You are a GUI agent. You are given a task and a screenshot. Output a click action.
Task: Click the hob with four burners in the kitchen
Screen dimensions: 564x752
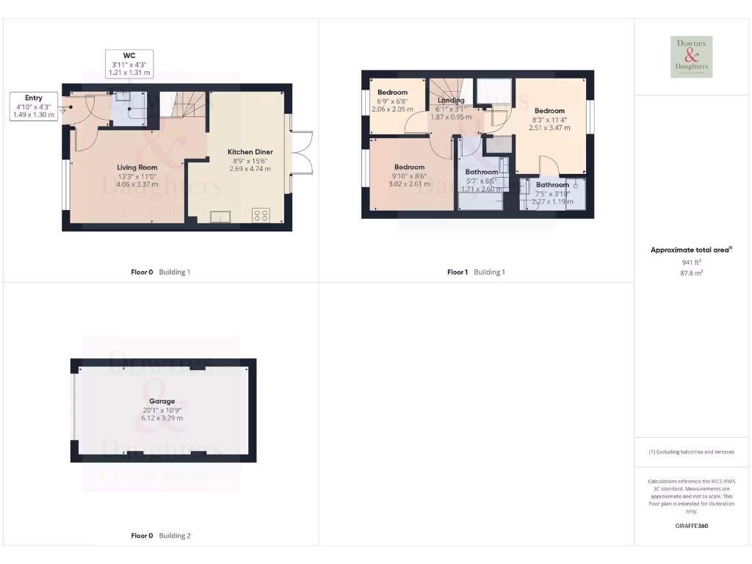[x=261, y=216]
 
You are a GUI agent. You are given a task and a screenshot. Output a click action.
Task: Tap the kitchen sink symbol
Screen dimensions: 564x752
[x=220, y=216]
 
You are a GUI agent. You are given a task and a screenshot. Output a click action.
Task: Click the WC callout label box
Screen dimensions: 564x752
[x=129, y=64]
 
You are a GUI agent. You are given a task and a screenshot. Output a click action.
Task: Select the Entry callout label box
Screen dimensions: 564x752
[x=34, y=106]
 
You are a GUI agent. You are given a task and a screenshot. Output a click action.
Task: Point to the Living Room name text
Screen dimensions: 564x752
[x=137, y=167]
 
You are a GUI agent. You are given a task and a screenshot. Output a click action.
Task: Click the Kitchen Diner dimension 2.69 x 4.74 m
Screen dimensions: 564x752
[x=250, y=169]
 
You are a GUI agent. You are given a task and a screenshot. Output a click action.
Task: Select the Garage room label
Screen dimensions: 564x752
[x=163, y=402]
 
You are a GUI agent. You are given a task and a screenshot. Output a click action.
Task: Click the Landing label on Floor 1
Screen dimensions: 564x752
[x=451, y=101]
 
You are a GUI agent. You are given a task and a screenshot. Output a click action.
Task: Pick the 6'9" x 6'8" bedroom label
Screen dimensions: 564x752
[x=392, y=93]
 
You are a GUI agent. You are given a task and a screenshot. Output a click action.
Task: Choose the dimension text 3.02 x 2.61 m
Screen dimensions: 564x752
[x=409, y=184]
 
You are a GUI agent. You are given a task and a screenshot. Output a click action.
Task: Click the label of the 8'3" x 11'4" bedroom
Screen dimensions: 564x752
[x=549, y=111]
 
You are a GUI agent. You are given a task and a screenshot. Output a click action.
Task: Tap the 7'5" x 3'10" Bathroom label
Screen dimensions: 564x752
[x=552, y=185]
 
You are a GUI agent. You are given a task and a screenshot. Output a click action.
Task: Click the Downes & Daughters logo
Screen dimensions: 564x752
[x=691, y=57]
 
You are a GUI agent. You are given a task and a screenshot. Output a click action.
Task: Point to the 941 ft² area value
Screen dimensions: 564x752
[x=691, y=261]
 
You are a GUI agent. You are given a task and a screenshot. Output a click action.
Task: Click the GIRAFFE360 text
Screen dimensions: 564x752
[x=691, y=526]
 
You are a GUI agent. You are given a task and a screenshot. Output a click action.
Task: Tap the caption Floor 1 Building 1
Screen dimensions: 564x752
[x=476, y=272]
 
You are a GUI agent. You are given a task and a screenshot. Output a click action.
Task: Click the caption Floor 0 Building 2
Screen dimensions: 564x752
[x=161, y=536]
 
